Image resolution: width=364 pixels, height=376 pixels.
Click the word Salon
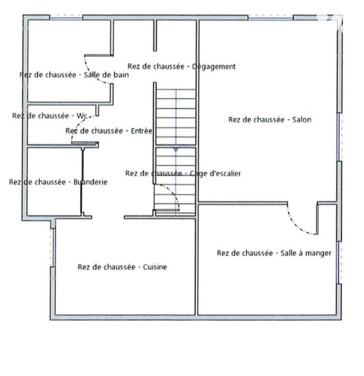click(301, 119)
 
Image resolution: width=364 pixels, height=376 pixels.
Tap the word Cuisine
click(155, 267)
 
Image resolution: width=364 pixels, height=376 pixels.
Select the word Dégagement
click(214, 67)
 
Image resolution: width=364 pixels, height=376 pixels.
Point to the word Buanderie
click(90, 182)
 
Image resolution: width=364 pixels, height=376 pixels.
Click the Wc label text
click(82, 116)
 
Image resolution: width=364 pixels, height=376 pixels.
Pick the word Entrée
click(142, 131)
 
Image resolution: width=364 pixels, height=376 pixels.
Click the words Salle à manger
click(306, 253)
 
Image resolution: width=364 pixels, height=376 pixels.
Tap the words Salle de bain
click(106, 75)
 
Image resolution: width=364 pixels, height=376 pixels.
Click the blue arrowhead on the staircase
click(176, 150)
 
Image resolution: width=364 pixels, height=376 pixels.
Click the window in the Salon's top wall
click(270, 17)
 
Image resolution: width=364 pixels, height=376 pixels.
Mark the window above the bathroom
click(66, 17)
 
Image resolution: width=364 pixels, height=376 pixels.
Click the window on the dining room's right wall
click(339, 263)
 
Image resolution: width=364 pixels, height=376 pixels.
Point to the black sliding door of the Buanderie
click(82, 181)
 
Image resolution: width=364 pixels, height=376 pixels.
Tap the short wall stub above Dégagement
click(155, 36)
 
